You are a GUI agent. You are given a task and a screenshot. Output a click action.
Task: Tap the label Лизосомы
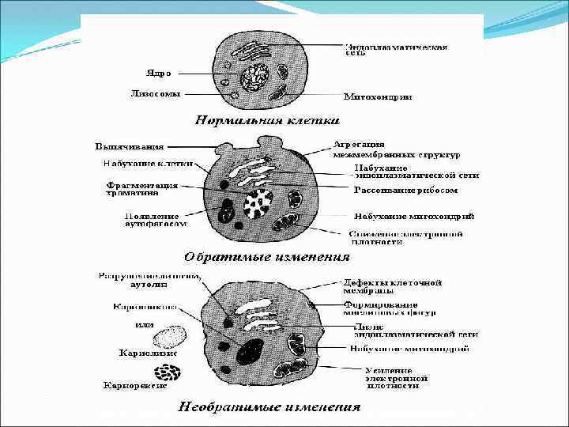click(155, 93)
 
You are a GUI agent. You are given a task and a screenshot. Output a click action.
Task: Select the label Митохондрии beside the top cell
click(377, 97)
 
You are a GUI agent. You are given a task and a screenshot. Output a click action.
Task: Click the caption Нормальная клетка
click(267, 121)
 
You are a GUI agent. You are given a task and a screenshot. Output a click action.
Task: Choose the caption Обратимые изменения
click(266, 257)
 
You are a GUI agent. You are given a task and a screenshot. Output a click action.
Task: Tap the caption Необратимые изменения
click(269, 408)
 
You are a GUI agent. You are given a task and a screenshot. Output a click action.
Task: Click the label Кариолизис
click(148, 353)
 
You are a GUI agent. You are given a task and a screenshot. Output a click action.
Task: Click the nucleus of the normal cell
click(255, 77)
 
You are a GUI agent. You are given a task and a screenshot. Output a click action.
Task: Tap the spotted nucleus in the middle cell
click(258, 204)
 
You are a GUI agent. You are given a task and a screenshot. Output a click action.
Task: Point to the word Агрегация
click(359, 145)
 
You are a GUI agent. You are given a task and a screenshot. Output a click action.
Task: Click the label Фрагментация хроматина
click(142, 191)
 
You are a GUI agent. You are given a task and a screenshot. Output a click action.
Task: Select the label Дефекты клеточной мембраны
click(392, 286)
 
